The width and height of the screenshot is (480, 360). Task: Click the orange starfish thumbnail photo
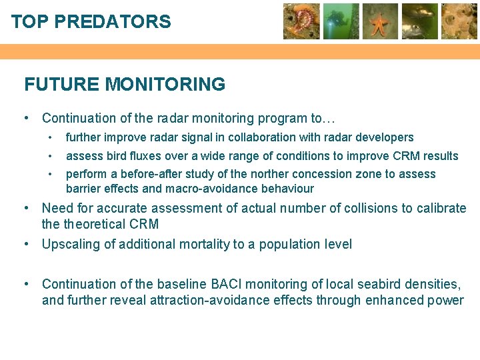380,21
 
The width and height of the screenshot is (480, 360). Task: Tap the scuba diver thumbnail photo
341,21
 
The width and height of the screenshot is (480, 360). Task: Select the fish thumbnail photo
419,21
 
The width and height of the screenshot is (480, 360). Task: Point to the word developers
387,137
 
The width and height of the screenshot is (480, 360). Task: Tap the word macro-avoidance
194,189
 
